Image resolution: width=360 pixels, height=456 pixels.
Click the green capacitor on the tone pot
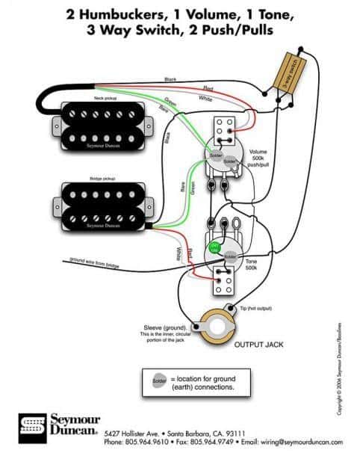(214, 247)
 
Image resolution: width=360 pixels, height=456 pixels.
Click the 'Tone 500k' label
(252, 263)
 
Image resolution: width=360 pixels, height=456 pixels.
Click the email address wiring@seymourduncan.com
(292, 441)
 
